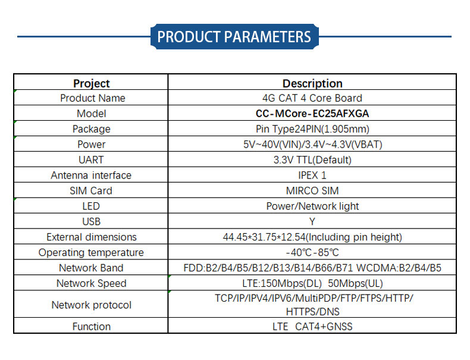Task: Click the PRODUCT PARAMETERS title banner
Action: [234, 36]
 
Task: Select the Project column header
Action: [92, 83]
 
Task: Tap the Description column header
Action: [312, 83]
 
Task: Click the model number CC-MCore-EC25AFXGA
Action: [312, 114]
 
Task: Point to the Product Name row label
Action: [93, 98]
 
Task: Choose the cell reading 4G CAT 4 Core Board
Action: [312, 98]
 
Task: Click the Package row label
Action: [92, 129]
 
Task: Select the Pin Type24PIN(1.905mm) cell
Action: [312, 129]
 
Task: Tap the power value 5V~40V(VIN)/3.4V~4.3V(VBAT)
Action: [312, 145]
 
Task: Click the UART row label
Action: [91, 159]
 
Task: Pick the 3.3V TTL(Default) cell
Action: [312, 159]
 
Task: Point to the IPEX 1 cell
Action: [312, 176]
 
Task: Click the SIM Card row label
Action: [91, 190]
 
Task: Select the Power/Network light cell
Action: [312, 206]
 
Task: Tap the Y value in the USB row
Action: [312, 221]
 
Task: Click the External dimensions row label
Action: [92, 237]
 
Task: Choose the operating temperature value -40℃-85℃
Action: [312, 252]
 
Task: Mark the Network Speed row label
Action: [92, 283]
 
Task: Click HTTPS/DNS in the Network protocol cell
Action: [312, 312]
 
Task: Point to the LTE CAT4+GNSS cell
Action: [312, 327]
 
